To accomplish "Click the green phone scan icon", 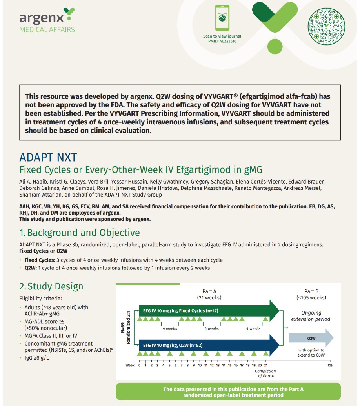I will coord(222,18).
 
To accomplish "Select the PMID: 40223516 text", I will coord(222,41).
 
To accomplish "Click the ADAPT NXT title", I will coord(48,158).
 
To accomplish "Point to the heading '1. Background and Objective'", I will coord(80,233).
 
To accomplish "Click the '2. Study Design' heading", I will coord(51,286).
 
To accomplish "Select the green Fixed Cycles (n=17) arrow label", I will coord(180,311).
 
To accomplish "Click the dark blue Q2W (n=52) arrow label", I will coord(173,345).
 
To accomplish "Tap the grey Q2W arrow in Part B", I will coord(311,338).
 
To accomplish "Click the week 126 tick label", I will coord(329,365).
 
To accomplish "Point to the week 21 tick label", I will coord(266,365).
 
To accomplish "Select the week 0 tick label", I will coord(139,365).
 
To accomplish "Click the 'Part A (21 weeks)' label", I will coord(209,294).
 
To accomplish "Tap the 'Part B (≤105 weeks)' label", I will coord(311,294).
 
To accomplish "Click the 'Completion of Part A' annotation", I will coord(265,373).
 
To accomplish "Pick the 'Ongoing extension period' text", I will coord(311,316).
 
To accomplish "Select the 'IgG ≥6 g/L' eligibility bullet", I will coord(39,358).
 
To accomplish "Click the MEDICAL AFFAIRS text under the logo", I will coord(47,30).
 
